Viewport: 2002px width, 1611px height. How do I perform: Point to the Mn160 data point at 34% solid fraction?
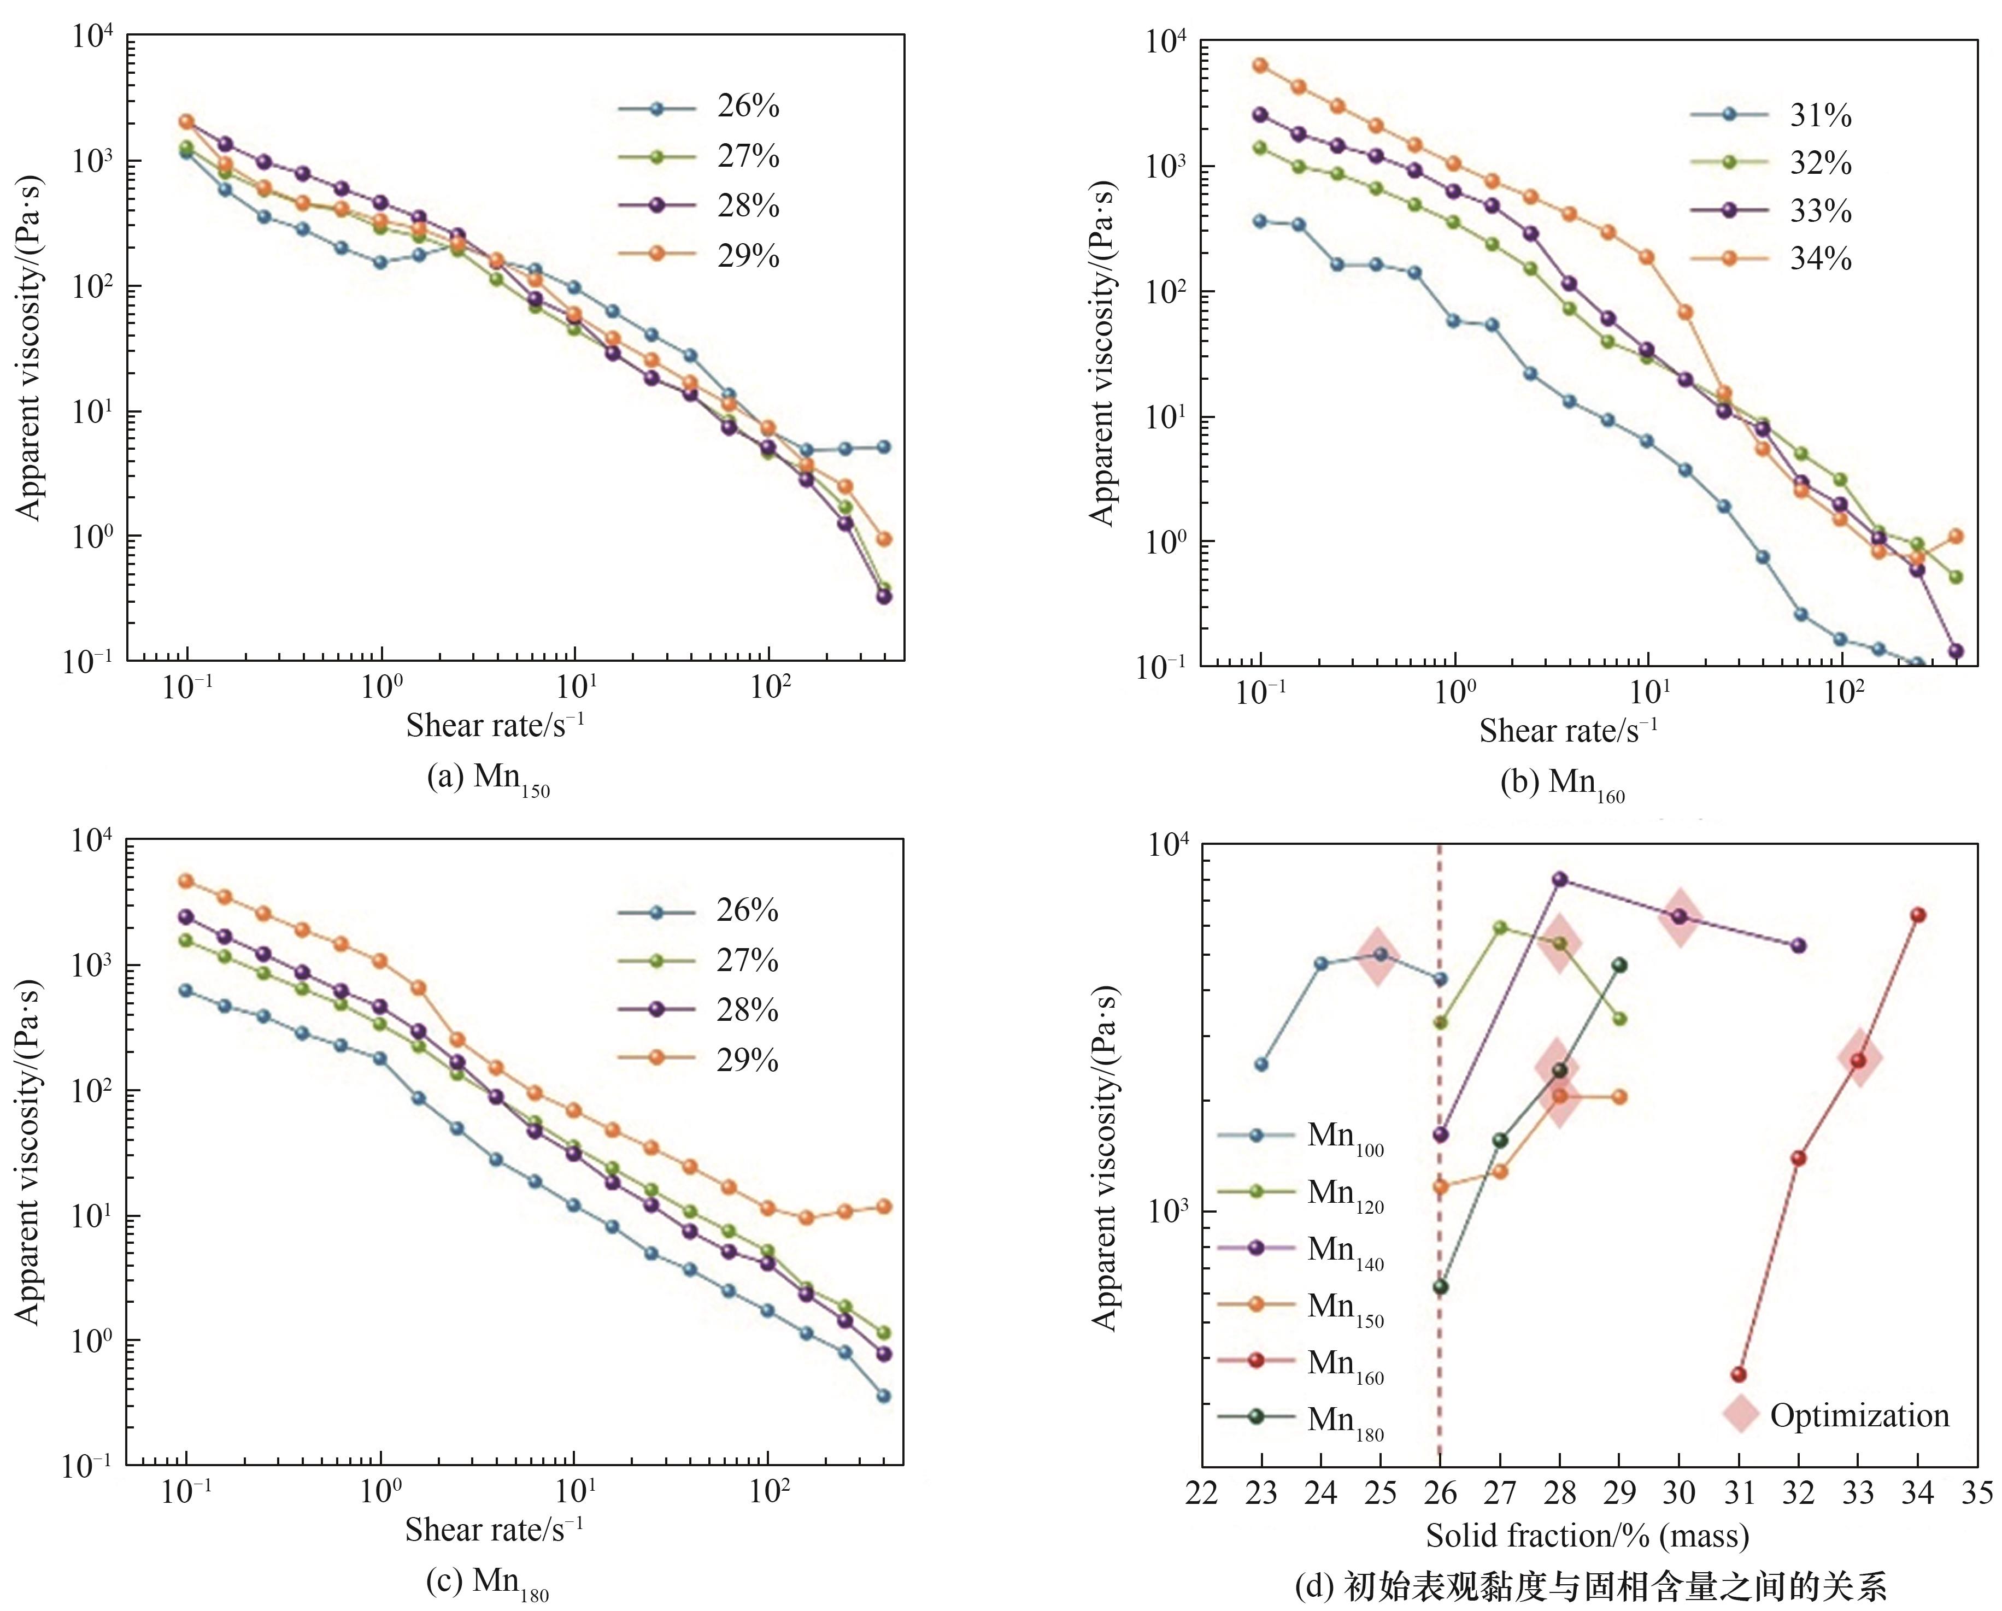[1917, 915]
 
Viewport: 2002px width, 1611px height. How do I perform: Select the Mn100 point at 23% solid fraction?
[1261, 1064]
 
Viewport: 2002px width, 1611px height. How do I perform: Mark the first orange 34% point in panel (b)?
[1260, 65]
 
